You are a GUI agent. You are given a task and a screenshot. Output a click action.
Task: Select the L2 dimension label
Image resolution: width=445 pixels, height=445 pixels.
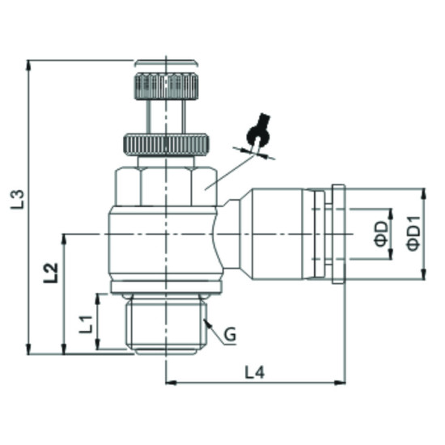(50, 272)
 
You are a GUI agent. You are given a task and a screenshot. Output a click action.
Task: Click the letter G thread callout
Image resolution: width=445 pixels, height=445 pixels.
(230, 333)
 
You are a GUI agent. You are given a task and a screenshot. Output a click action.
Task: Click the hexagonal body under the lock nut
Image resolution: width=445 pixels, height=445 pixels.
(166, 186)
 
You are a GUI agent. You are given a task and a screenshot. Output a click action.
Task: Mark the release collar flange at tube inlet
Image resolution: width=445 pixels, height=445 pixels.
(338, 234)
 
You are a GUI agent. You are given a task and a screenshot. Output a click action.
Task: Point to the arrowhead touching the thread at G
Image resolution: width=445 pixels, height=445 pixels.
(207, 323)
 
